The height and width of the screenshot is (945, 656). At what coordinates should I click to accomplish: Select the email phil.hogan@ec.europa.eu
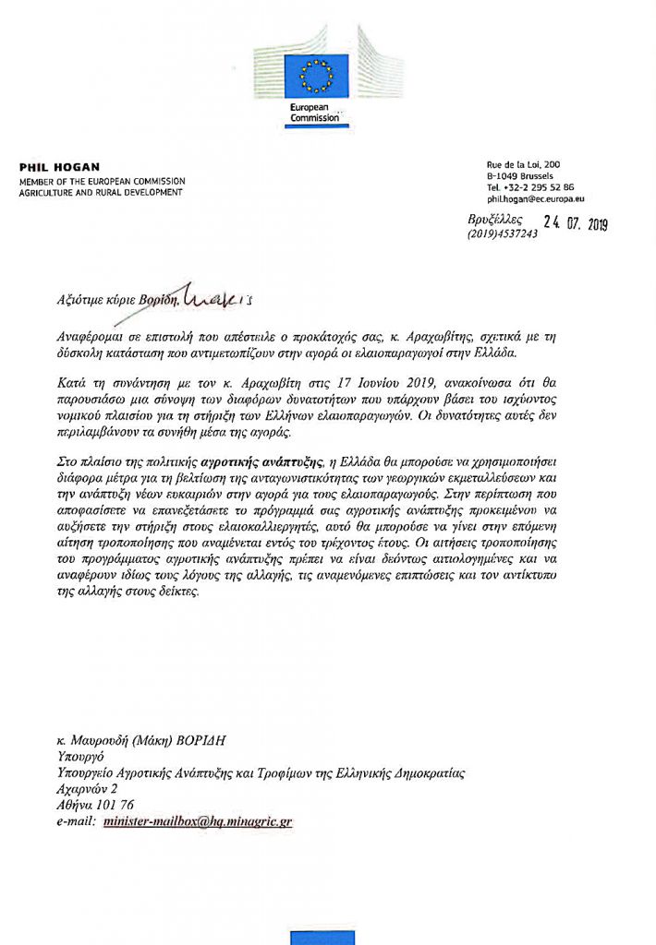pyautogui.click(x=535, y=198)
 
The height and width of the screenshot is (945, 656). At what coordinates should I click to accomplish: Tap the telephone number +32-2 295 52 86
pyautogui.click(x=530, y=186)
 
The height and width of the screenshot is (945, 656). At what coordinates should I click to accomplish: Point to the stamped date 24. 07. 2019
pyautogui.click(x=575, y=222)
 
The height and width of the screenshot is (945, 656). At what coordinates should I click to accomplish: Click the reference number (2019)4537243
pyautogui.click(x=502, y=234)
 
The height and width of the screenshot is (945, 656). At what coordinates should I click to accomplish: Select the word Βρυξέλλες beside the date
pyautogui.click(x=496, y=221)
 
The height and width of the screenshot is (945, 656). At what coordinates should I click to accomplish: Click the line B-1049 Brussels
pyautogui.click(x=521, y=175)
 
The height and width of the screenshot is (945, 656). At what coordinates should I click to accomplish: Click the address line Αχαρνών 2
pyautogui.click(x=87, y=789)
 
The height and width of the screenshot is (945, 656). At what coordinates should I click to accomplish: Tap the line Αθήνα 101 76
pyautogui.click(x=93, y=804)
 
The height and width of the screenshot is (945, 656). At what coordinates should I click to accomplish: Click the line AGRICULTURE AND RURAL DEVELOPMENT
pyautogui.click(x=101, y=192)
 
